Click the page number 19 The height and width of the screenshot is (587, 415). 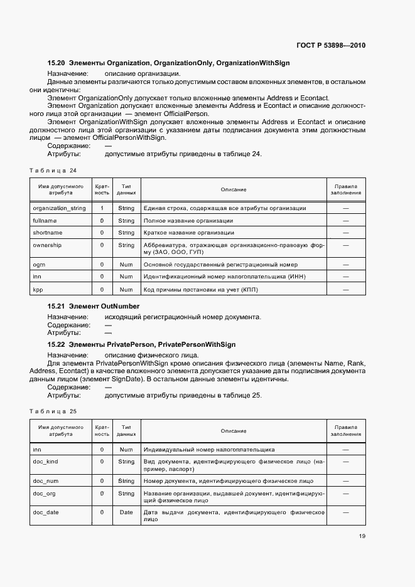click(x=362, y=536)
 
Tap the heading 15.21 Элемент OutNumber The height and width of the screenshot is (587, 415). click(x=94, y=306)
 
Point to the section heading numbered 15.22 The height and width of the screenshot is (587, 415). click(x=141, y=344)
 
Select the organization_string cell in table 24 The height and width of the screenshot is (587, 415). click(x=59, y=208)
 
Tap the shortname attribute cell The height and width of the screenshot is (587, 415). click(x=47, y=233)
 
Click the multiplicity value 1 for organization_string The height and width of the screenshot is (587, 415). click(x=102, y=208)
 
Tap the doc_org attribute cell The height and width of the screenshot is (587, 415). click(x=44, y=494)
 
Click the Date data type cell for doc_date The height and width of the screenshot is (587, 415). click(x=126, y=512)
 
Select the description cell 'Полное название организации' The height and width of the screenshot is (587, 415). click(x=188, y=221)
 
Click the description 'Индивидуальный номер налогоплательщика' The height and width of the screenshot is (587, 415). click(x=209, y=449)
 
